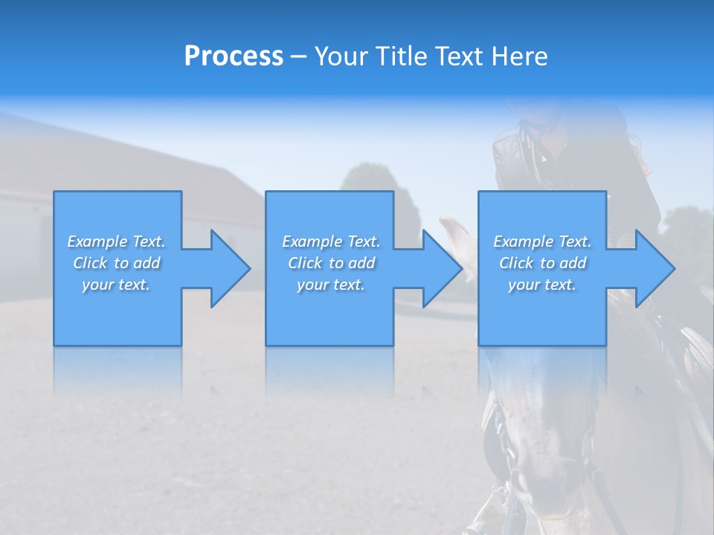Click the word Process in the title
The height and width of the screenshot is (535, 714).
point(234,56)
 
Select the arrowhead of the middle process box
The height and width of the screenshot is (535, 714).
point(441,268)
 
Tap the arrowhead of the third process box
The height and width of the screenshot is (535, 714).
point(654,268)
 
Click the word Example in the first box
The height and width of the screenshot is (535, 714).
point(97,241)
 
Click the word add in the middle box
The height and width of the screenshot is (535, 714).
point(361,263)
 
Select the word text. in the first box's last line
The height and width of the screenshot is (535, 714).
point(134,285)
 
